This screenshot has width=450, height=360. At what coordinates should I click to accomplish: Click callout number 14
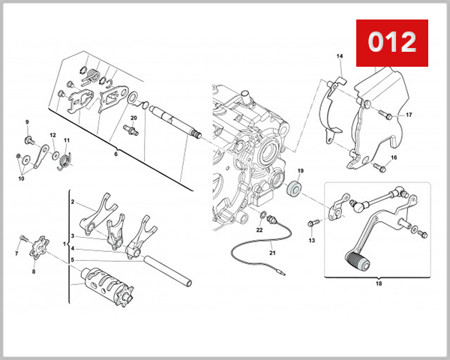339,57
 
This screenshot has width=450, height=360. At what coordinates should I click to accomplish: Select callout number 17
409,115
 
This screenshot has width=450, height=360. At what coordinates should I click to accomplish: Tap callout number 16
394,157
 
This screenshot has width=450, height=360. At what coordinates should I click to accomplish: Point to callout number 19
300,172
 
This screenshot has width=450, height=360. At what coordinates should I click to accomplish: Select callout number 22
259,230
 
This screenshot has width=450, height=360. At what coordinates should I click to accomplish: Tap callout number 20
133,118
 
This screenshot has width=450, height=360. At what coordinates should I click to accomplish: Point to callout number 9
27,122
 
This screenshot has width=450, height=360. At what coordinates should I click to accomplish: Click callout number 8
33,271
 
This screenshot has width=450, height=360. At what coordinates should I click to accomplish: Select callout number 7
16,254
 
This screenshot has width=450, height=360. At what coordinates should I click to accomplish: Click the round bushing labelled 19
296,189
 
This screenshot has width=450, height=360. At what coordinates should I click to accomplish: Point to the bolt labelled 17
385,115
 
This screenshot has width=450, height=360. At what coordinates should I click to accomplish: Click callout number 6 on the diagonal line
116,154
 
